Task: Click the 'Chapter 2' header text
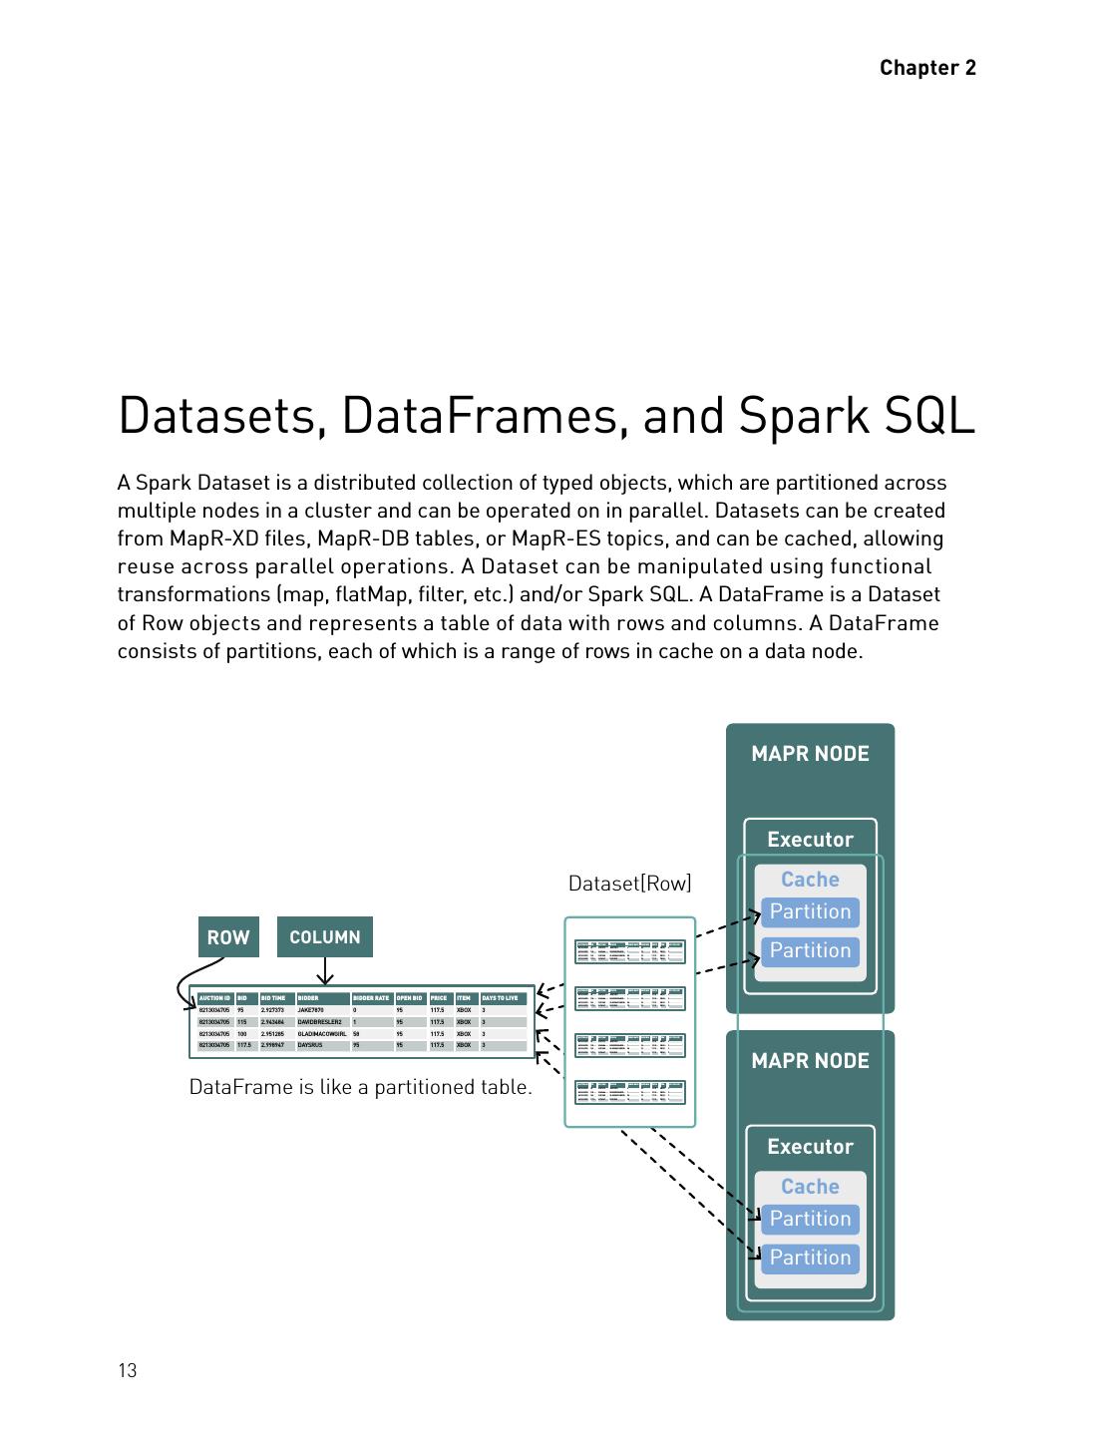click(927, 68)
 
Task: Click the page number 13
click(128, 1370)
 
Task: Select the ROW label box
click(228, 937)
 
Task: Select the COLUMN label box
click(324, 937)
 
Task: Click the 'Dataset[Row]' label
click(629, 884)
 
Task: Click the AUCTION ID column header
click(214, 998)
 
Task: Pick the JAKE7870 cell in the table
click(311, 1010)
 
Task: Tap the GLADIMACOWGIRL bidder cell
click(321, 1034)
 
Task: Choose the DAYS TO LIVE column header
click(502, 998)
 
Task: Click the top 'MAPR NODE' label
click(810, 754)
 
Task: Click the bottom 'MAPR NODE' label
click(810, 1061)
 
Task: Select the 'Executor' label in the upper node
click(810, 840)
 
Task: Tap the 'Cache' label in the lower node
click(810, 1187)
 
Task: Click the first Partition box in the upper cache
click(810, 911)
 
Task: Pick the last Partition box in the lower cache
click(810, 1257)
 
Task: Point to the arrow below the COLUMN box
click(324, 971)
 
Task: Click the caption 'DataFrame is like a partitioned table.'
click(360, 1087)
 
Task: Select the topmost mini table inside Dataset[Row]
click(629, 952)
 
